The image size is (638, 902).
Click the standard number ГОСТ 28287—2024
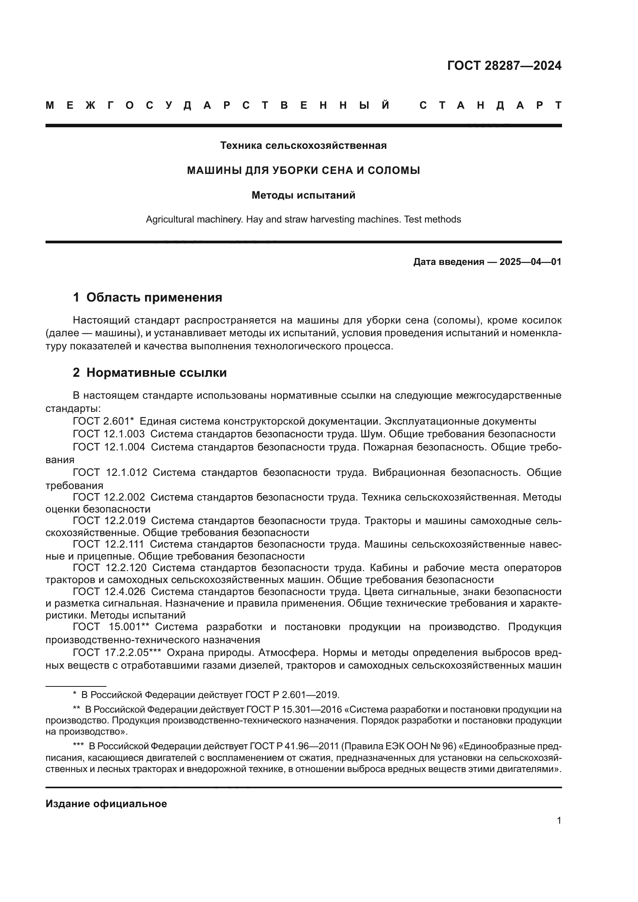tap(504, 66)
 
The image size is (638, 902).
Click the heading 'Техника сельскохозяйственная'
tap(303, 146)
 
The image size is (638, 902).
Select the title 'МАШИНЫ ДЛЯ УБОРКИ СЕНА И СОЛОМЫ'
tap(303, 170)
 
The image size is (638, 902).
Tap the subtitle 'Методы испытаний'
tap(303, 195)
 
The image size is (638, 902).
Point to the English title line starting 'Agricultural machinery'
tap(303, 219)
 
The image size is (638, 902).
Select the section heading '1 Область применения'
tap(147, 297)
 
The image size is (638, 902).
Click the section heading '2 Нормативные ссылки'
tap(150, 373)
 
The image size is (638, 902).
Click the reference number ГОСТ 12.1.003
tap(109, 434)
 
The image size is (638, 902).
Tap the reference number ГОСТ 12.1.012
tap(110, 473)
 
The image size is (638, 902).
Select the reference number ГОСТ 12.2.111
tap(108, 545)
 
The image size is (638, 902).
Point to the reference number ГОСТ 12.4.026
tap(109, 592)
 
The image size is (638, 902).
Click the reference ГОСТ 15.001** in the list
tap(112, 627)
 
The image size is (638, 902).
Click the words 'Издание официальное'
tap(106, 804)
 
